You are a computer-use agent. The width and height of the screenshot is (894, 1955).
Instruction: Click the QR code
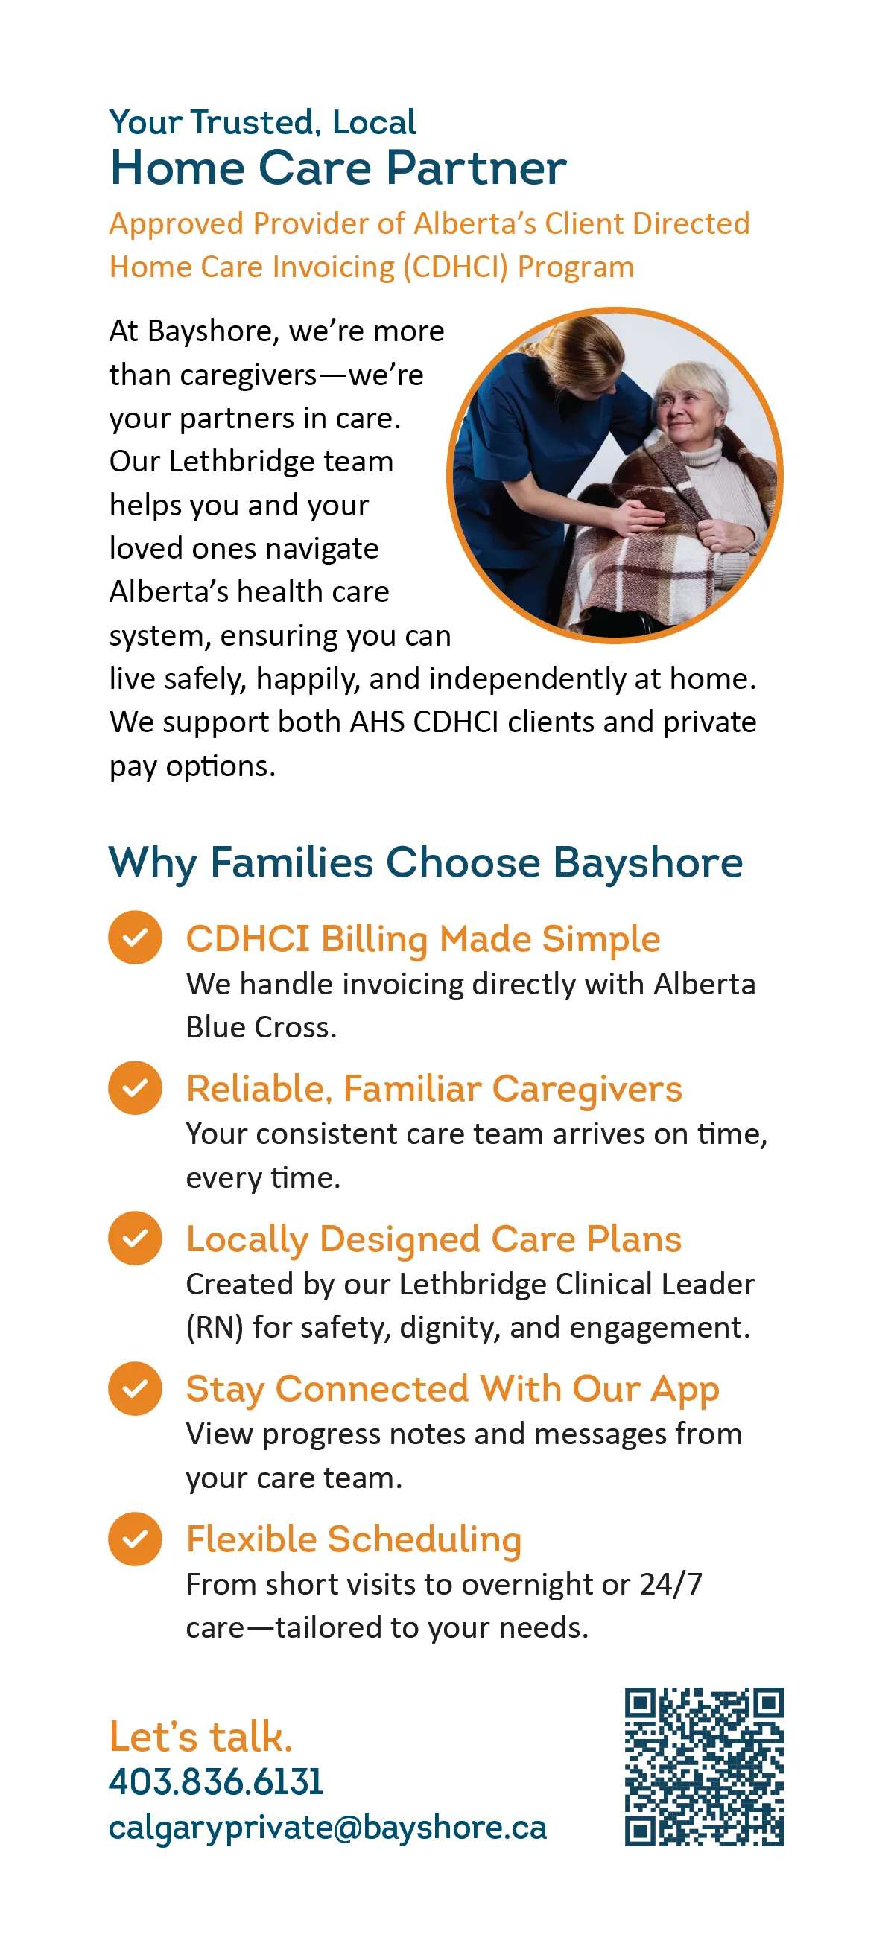pos(703,1766)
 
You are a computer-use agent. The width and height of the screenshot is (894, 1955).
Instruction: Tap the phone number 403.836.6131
pos(216,1781)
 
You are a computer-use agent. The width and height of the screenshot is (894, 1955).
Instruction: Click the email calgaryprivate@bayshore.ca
pos(328,1828)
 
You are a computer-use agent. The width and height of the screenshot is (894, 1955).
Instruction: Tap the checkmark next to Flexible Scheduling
pos(135,1539)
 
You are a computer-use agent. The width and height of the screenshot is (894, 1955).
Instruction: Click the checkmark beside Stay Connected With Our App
pos(135,1389)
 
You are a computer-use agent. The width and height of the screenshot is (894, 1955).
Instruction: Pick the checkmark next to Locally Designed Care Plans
pos(135,1238)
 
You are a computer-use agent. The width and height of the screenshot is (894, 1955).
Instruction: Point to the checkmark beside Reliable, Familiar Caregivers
pos(135,1087)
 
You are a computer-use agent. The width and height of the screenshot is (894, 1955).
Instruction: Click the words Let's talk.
pos(201,1737)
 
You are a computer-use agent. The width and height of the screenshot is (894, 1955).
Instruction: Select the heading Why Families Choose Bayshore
pos(425,862)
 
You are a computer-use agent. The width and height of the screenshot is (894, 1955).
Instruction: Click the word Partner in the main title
pos(477,168)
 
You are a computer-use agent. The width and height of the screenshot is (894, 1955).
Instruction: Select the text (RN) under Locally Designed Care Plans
pos(215,1327)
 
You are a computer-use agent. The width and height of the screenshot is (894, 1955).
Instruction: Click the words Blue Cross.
pos(261,1027)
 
